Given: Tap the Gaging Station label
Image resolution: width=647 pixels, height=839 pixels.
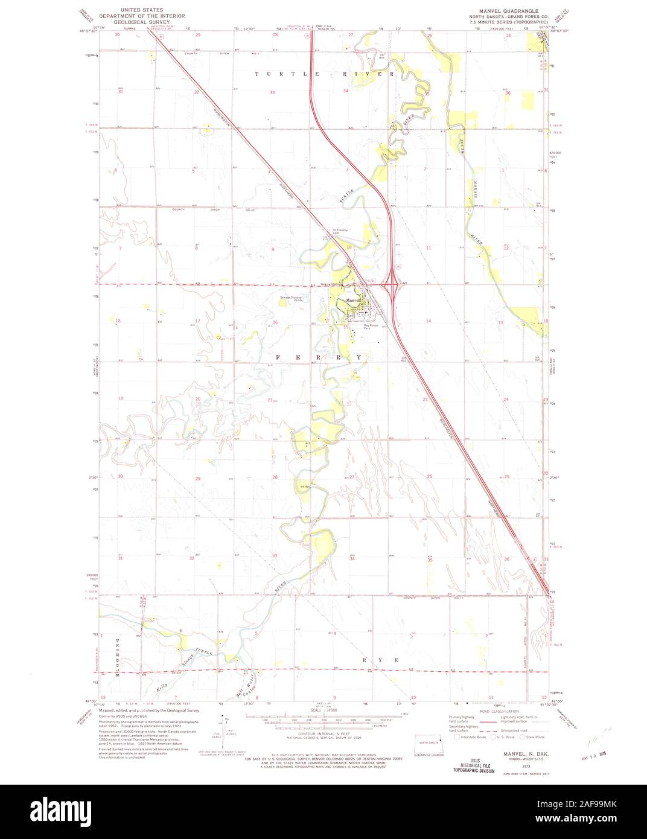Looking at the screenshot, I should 332,284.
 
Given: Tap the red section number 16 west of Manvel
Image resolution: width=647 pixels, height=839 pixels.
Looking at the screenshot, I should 275,322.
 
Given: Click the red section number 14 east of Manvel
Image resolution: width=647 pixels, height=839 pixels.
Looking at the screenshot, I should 428,321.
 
